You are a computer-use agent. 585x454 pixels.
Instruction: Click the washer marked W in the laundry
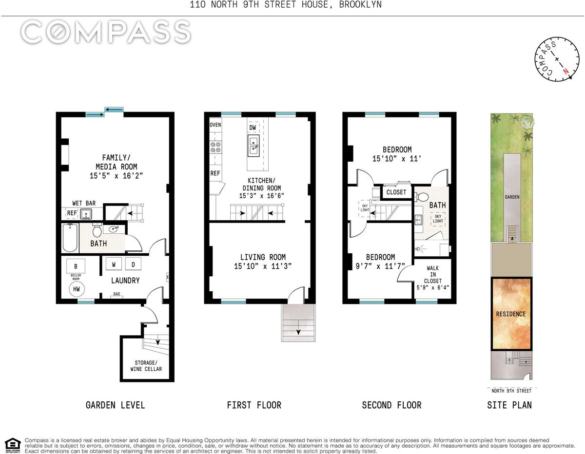[114, 264]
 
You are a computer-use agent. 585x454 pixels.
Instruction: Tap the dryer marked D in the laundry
[133, 264]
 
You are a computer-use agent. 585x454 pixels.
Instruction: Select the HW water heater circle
[77, 289]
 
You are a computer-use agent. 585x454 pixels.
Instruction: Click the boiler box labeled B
[76, 266]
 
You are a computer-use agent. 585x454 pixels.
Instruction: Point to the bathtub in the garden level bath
[70, 238]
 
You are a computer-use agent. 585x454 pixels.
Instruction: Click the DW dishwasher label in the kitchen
[253, 128]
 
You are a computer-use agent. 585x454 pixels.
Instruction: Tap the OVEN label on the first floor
[215, 125]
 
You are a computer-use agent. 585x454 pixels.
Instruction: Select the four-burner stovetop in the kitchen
[215, 147]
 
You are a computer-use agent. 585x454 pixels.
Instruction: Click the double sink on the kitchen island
[253, 146]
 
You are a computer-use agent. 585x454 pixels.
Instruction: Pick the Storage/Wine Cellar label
[146, 366]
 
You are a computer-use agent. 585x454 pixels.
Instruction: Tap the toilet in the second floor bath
[422, 197]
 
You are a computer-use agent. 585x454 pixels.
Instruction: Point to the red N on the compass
[566, 71]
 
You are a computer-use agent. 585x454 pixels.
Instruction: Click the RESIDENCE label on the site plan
[511, 314]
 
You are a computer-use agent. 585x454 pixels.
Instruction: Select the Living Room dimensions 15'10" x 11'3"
[263, 266]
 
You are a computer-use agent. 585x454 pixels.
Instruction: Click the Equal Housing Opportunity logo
[13, 445]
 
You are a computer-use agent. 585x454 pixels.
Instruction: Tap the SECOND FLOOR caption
[391, 405]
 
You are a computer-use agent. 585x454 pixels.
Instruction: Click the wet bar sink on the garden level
[86, 214]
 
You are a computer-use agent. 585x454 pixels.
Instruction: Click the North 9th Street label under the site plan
[511, 391]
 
